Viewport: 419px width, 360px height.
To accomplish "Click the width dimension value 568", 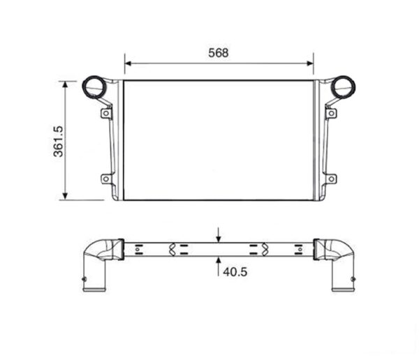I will coord(219,52).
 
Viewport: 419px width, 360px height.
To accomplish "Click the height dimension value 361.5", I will coord(59,141).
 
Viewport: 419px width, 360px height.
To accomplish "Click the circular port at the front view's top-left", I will coord(94,87).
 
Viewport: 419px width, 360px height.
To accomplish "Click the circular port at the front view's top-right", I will coord(343,87).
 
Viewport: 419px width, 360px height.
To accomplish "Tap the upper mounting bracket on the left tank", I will coord(106,112).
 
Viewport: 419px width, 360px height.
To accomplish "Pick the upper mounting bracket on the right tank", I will coord(331,112).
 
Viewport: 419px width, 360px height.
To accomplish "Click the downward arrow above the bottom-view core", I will coord(219,236).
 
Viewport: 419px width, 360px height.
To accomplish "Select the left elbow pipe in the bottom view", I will coord(96,262).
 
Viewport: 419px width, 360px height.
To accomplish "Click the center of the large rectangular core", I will coord(219,140).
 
